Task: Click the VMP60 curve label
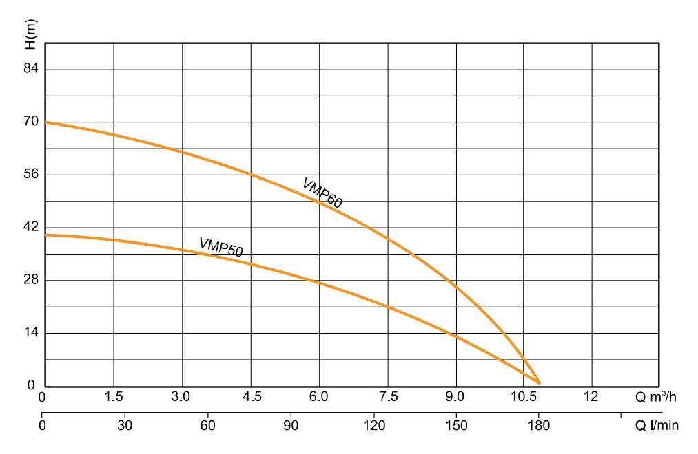[322, 193]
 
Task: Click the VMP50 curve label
[221, 248]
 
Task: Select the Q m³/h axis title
[655, 398]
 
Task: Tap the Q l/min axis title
[657, 425]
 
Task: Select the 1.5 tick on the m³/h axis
[114, 398]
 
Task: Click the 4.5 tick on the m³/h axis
[251, 398]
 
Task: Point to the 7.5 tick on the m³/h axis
[388, 398]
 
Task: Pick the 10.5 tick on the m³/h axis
[524, 398]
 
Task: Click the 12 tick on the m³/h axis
[591, 398]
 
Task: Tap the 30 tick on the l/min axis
[125, 425]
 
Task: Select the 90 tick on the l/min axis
[290, 425]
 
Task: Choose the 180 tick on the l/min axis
[539, 425]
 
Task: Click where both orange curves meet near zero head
[539, 382]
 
